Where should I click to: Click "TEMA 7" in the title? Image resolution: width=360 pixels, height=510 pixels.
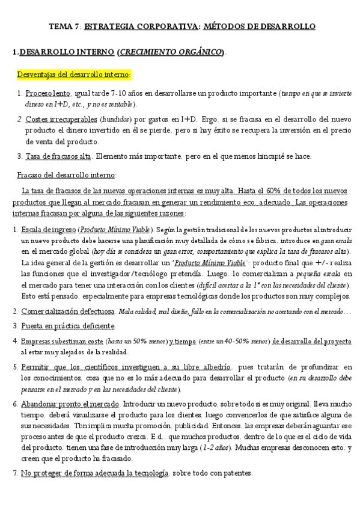coord(63,27)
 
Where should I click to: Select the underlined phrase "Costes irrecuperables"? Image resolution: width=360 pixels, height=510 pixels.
coord(61,120)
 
